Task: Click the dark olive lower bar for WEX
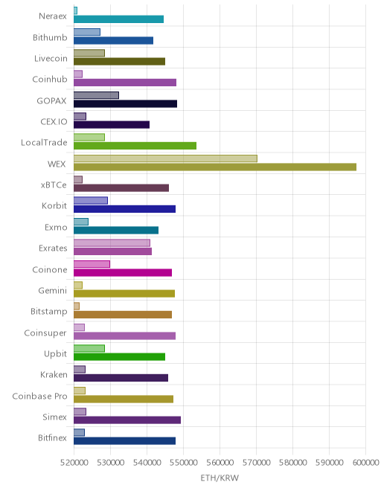[x=215, y=167]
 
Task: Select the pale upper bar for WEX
[x=165, y=158]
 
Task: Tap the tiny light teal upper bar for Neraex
[x=75, y=10]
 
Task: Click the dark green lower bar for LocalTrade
[x=135, y=146]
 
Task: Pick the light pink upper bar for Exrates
[x=112, y=243]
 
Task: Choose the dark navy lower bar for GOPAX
[x=125, y=103]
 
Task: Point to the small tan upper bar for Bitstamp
[x=77, y=306]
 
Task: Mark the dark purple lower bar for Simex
[x=127, y=420]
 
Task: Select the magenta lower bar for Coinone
[x=123, y=272]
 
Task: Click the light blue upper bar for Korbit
[x=91, y=200]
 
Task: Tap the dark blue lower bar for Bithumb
[x=113, y=40]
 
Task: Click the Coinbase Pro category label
[x=39, y=396]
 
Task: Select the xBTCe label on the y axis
[x=54, y=184]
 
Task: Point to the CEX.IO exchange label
[x=54, y=121]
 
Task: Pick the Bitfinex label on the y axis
[x=52, y=437]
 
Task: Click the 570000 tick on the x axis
[x=256, y=463]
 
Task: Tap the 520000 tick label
[x=74, y=463]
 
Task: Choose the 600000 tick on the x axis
[x=365, y=463]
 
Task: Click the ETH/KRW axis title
[x=220, y=478]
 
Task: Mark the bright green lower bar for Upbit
[x=119, y=356]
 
